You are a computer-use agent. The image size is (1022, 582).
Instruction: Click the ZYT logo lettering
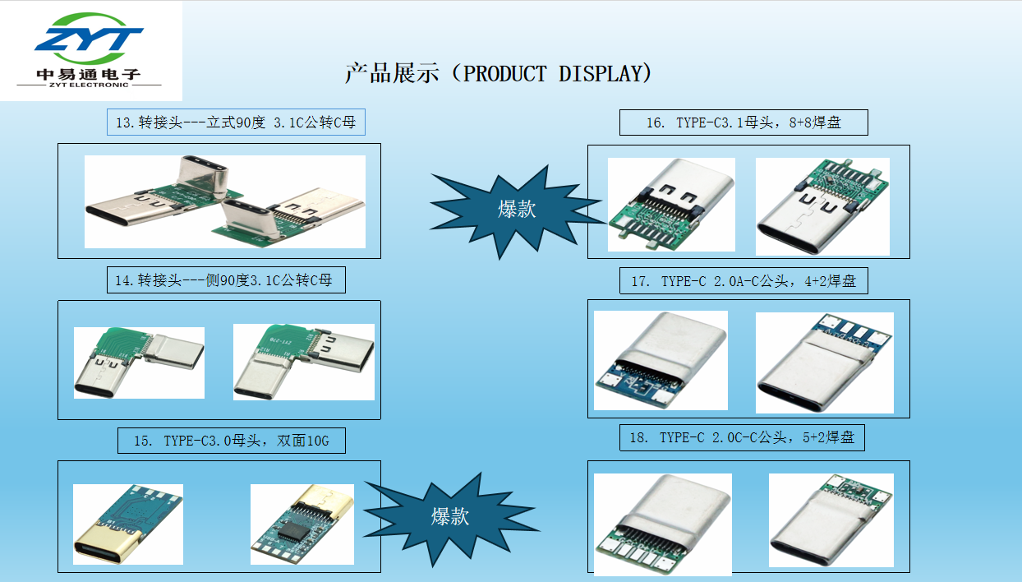pyautogui.click(x=89, y=39)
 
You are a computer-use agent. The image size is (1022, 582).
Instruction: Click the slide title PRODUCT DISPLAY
pyautogui.click(x=498, y=73)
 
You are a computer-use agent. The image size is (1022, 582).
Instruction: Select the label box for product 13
pyautogui.click(x=236, y=122)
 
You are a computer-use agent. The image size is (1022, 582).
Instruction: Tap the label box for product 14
pyautogui.click(x=226, y=279)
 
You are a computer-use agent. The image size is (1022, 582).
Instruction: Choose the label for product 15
pyautogui.click(x=232, y=441)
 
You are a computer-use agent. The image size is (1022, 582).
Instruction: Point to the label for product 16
pyautogui.click(x=743, y=122)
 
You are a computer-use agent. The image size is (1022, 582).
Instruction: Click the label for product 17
pyautogui.click(x=743, y=281)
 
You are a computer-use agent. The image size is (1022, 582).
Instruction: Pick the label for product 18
pyautogui.click(x=742, y=438)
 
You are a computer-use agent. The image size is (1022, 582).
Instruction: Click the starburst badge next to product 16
pyautogui.click(x=516, y=210)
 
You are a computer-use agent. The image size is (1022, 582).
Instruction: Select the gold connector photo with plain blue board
pyautogui.click(x=128, y=524)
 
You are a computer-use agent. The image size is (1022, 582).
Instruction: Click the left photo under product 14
pyautogui.click(x=139, y=363)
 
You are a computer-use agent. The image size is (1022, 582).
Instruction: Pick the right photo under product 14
pyautogui.click(x=304, y=362)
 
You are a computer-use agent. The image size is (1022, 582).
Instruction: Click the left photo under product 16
pyautogui.click(x=671, y=205)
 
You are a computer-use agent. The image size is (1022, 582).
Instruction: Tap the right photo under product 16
pyautogui.click(x=822, y=207)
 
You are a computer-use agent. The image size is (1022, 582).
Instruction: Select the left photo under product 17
pyautogui.click(x=661, y=360)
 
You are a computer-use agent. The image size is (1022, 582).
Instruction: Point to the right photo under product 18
pyautogui.click(x=831, y=520)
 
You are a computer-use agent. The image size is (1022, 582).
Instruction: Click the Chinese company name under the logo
pyautogui.click(x=89, y=74)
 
